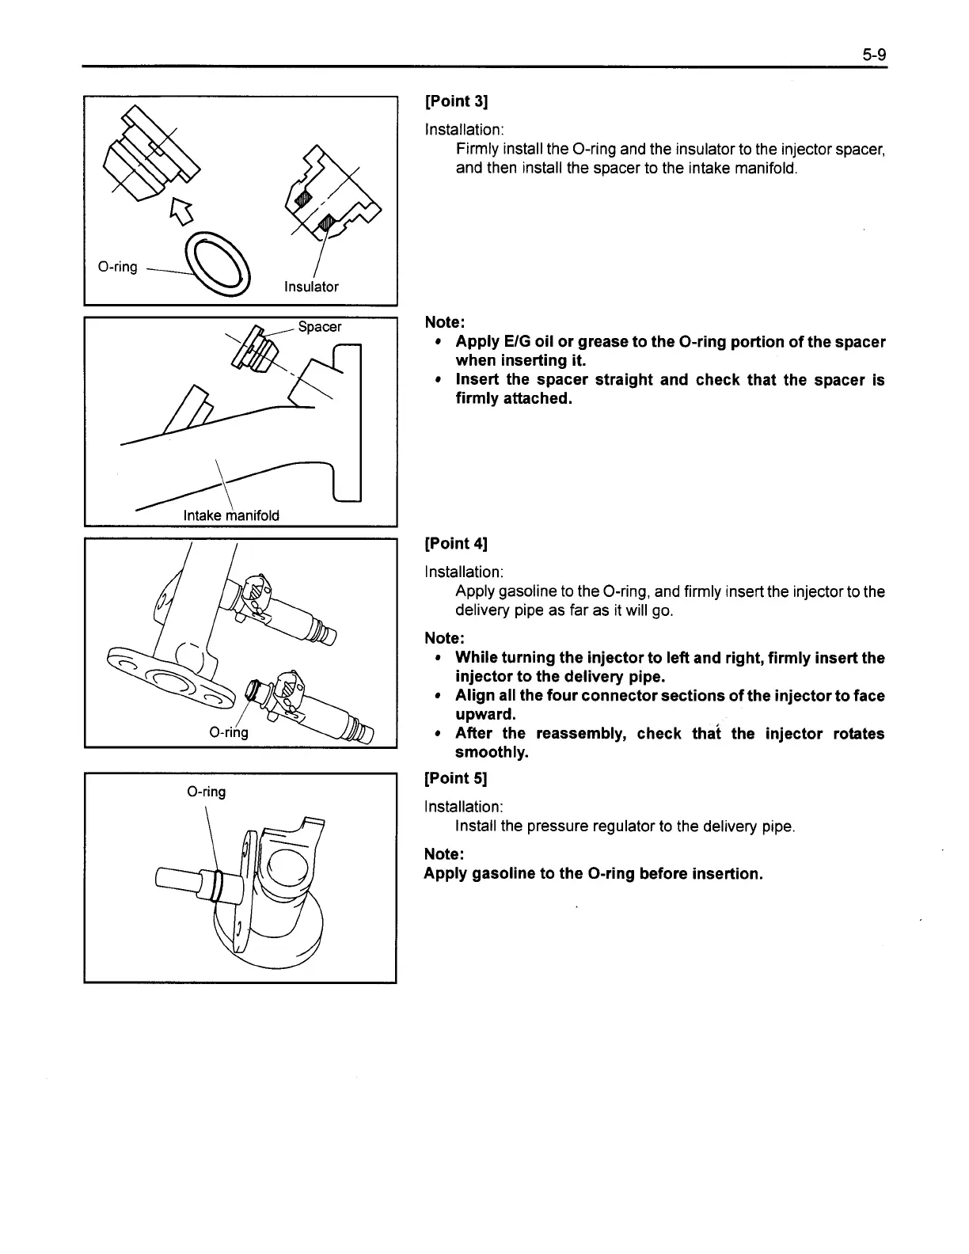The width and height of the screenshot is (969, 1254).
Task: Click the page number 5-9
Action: (x=874, y=55)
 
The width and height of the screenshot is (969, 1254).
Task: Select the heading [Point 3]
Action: (x=456, y=101)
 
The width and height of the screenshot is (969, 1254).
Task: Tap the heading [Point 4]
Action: (x=456, y=543)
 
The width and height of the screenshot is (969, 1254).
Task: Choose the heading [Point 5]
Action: (x=456, y=777)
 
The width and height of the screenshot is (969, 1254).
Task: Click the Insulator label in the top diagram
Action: (x=311, y=287)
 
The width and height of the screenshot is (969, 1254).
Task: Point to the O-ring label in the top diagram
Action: (x=117, y=267)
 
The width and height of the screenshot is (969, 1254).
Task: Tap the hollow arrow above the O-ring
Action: (x=181, y=210)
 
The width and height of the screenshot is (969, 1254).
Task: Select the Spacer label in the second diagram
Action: (x=320, y=326)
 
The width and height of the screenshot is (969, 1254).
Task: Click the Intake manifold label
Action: (x=231, y=515)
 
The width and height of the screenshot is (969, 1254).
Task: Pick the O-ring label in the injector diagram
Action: (x=229, y=732)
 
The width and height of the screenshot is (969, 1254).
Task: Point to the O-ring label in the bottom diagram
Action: (x=206, y=792)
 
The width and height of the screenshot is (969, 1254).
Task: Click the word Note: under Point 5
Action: (x=444, y=853)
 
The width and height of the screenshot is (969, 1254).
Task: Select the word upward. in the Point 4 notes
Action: (x=485, y=714)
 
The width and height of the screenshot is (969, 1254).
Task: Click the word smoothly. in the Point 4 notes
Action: (x=491, y=752)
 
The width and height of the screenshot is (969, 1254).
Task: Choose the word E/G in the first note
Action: (x=515, y=342)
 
